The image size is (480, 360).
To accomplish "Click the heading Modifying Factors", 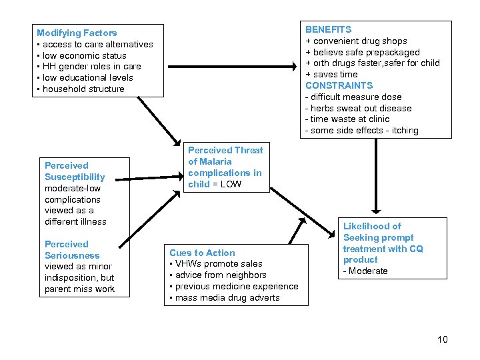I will click(x=77, y=33).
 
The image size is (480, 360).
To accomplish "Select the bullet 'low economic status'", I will click(x=84, y=55).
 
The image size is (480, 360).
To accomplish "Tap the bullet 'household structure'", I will click(x=83, y=89).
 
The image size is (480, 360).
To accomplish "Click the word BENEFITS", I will click(x=329, y=29).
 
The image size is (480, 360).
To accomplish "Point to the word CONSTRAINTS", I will click(x=339, y=85).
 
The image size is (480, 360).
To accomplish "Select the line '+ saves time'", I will click(x=331, y=74).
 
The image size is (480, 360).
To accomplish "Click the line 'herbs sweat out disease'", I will click(x=361, y=108).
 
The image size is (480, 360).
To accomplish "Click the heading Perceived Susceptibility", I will click(x=75, y=171).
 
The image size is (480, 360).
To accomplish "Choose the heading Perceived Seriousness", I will click(x=72, y=250).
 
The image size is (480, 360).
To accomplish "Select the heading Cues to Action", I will click(x=202, y=253).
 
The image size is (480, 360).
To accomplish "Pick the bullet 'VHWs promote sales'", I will click(x=219, y=263).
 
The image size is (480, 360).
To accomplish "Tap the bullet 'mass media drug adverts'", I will click(x=227, y=297).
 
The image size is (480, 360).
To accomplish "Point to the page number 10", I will click(x=443, y=340).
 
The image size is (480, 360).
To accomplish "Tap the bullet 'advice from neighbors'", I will click(x=221, y=275).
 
